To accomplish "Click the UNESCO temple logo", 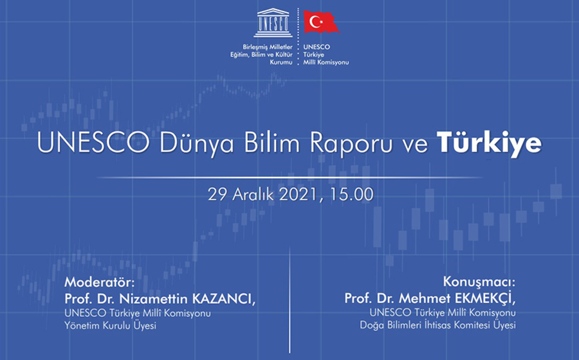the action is coord(273,23).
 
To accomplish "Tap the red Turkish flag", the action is coord(321,21).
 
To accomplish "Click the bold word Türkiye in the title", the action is coord(490,143).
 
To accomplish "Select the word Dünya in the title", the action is coord(196,143).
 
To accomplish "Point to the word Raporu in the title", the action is coord(351,143).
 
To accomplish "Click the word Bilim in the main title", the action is coord(271,142).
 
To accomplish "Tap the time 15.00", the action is coord(351,194).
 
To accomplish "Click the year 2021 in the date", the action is coord(299,195).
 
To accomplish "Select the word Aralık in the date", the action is coord(253,194).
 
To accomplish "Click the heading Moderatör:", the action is coord(100,282).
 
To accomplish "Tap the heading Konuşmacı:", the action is coord(479,282).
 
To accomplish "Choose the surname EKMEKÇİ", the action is coord(484,298).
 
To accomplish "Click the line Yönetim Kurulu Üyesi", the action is coord(111,326).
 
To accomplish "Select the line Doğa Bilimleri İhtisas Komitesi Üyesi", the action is coord(438,325).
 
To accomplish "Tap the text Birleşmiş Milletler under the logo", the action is coord(268,47).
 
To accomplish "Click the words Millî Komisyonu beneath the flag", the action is coord(326,62).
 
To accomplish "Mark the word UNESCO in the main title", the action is coord(93,142).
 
